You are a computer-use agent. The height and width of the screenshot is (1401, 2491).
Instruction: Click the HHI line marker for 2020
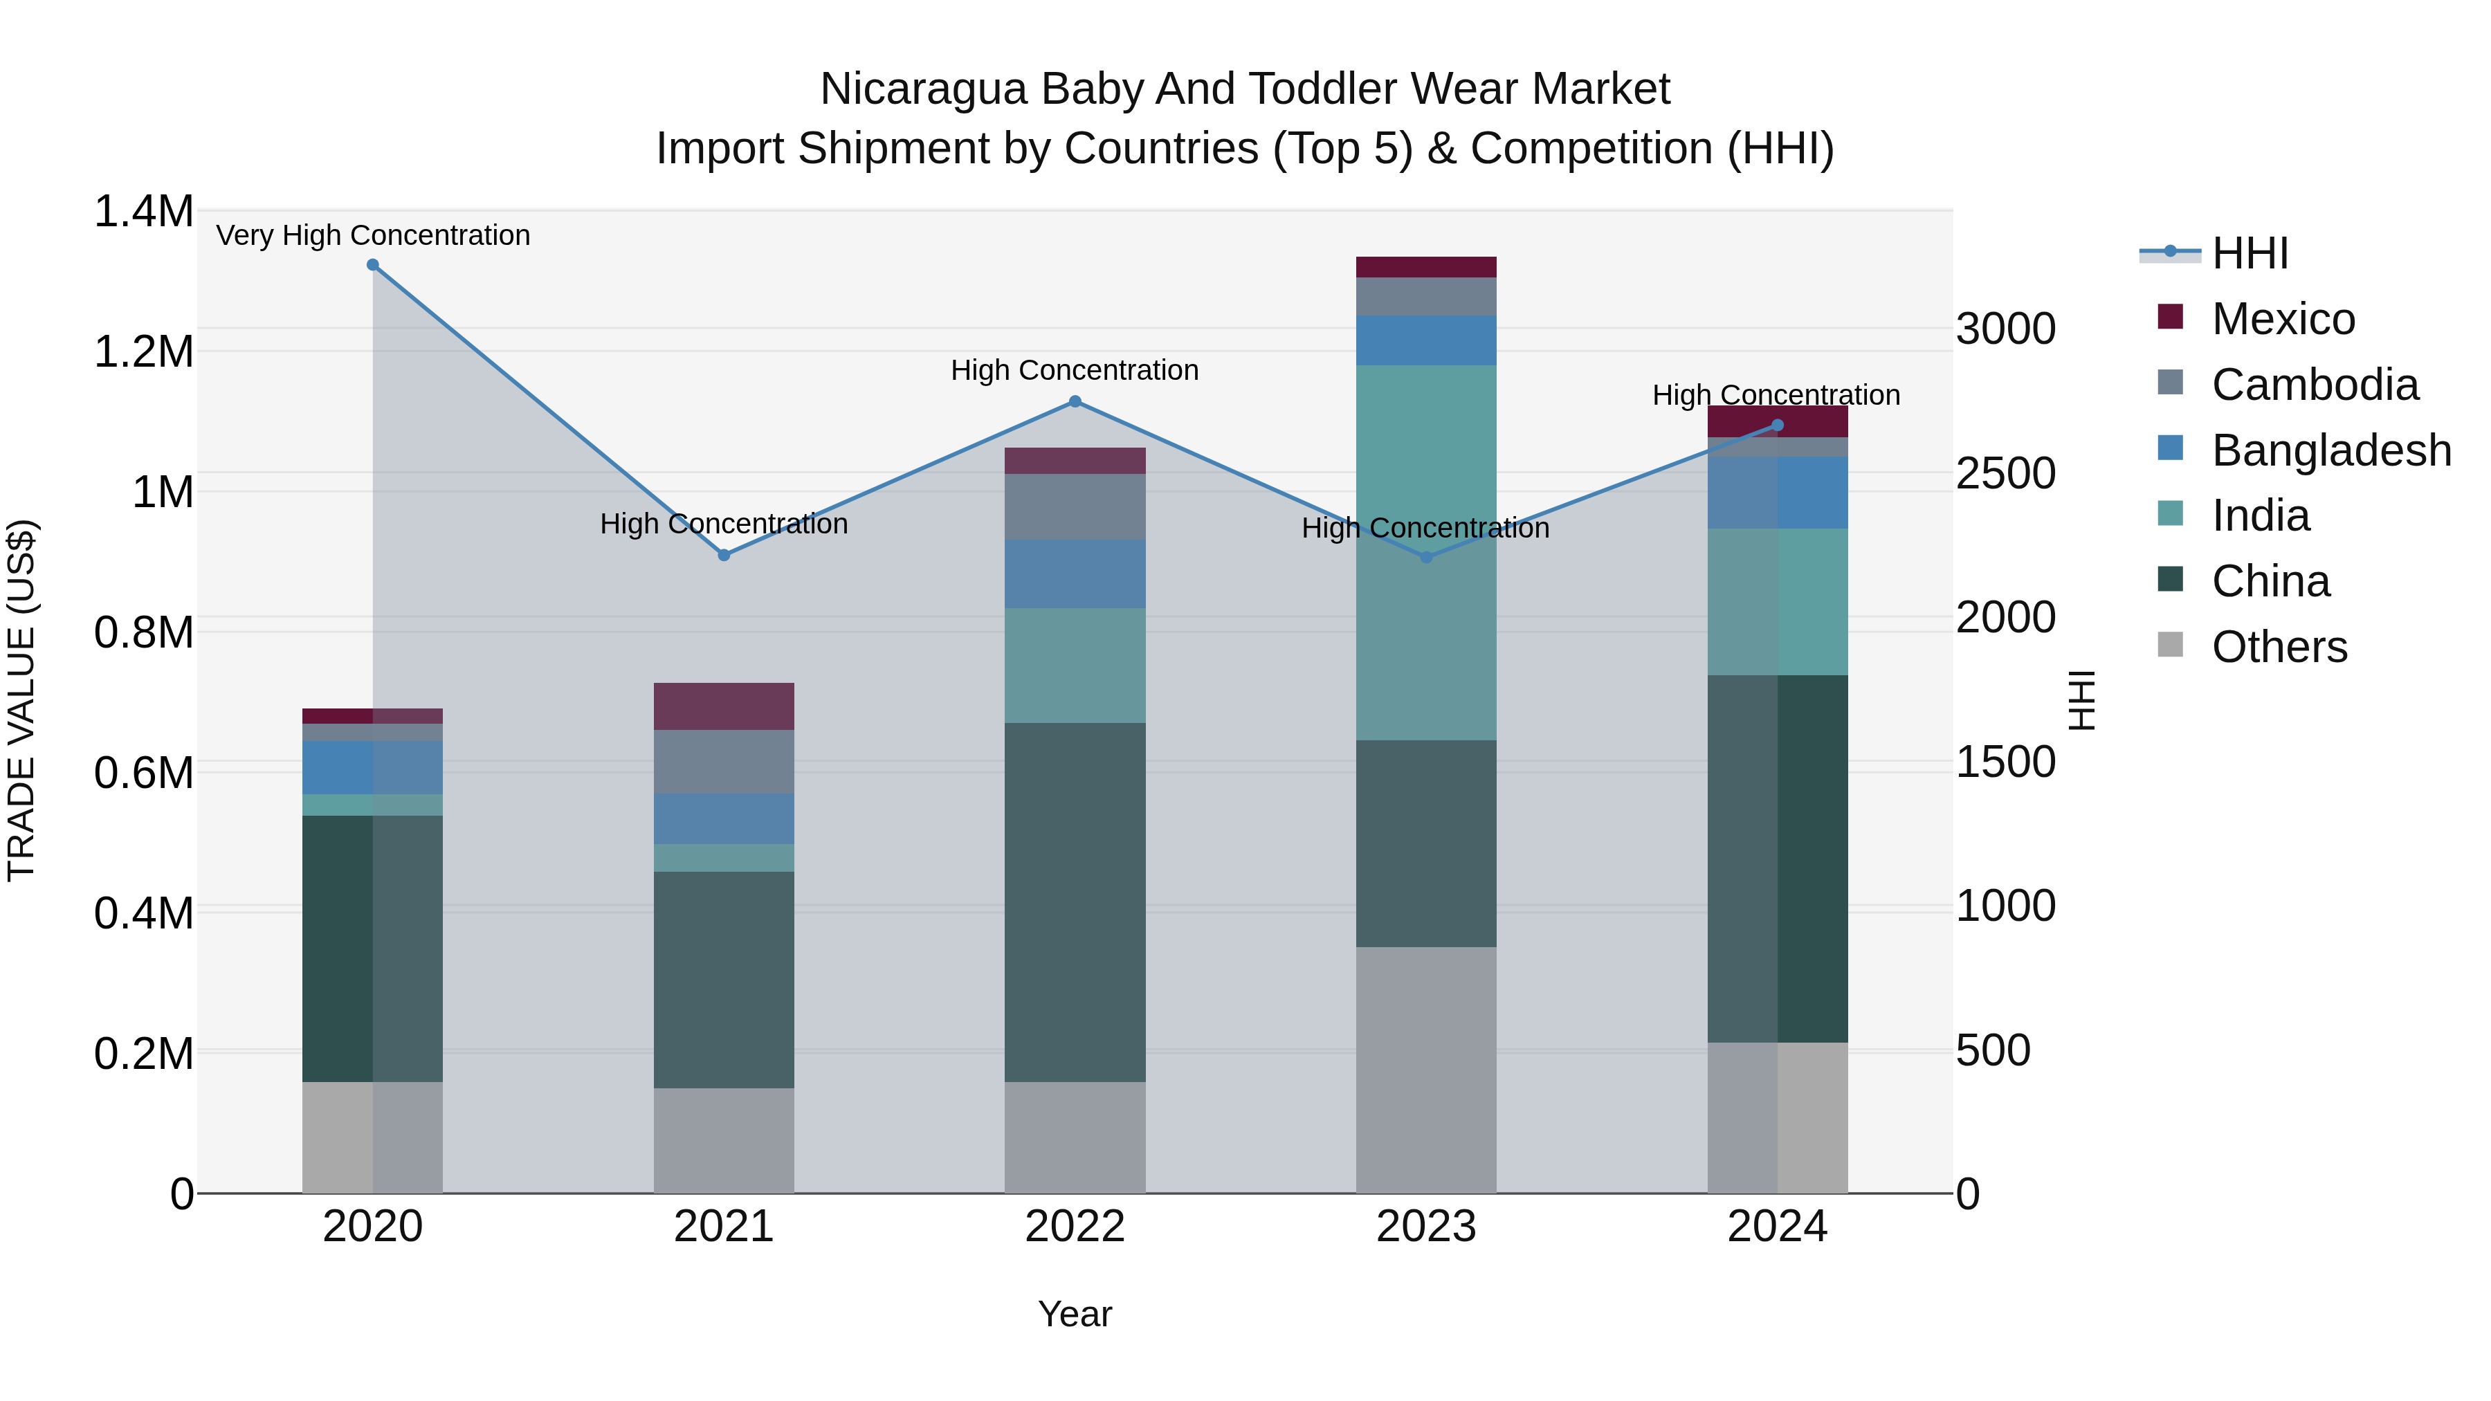tap(372, 265)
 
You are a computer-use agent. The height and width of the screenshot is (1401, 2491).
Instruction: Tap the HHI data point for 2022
tap(1075, 401)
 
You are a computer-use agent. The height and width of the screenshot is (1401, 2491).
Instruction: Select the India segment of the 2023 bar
tap(1425, 464)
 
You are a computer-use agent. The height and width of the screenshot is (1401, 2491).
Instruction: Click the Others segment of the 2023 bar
tap(1425, 1068)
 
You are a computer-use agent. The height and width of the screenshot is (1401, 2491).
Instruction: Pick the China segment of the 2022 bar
tap(1075, 901)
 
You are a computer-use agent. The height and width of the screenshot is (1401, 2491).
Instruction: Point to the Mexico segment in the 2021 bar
tap(723, 706)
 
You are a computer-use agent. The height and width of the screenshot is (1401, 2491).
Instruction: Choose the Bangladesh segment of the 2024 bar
tap(1778, 492)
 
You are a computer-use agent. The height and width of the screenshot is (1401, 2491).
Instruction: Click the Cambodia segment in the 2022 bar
tap(1075, 506)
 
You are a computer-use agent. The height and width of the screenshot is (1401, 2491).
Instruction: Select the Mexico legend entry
tap(2282, 319)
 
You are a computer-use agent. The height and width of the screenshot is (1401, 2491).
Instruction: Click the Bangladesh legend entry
tap(2330, 450)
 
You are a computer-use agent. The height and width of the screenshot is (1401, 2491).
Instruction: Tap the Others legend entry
tap(2279, 647)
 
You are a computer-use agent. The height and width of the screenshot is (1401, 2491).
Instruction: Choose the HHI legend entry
tap(2250, 253)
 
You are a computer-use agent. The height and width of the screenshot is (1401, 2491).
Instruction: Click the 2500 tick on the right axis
tap(2005, 474)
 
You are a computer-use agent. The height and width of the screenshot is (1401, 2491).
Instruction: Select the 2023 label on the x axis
tap(1425, 1227)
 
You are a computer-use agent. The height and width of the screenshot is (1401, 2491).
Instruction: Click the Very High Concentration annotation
tap(372, 235)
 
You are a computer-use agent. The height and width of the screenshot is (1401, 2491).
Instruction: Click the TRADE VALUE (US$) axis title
tap(21, 700)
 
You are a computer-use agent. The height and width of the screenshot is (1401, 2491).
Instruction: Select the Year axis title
tap(1075, 1314)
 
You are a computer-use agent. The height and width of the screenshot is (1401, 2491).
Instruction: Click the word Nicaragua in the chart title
tap(922, 89)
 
